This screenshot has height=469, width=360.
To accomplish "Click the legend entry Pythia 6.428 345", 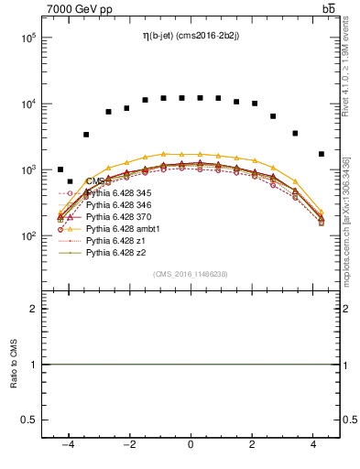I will tap(117, 193).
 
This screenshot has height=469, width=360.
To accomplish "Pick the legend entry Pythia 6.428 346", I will tap(117, 205).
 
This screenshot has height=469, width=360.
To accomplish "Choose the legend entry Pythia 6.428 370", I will tap(117, 217).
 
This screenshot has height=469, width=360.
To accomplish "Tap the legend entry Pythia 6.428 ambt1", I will tap(120, 229).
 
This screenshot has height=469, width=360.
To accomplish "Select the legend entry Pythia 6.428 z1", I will tap(114, 241).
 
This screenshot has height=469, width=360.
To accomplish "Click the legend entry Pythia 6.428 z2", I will tap(114, 253).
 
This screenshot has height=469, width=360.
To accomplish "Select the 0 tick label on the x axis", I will tap(191, 444).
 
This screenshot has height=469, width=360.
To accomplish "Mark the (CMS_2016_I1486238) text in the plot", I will tap(190, 274).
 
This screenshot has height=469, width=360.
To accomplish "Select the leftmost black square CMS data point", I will tap(60, 169).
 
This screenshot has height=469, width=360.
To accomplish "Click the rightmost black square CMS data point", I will tap(321, 154).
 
